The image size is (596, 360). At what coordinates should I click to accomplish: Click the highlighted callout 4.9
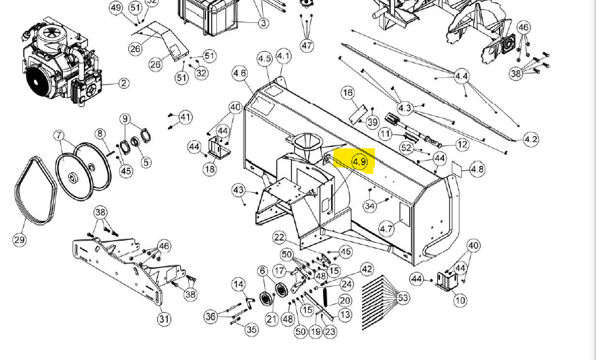pyautogui.click(x=359, y=161)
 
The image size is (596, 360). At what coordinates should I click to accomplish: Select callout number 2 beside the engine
pyautogui.click(x=123, y=83)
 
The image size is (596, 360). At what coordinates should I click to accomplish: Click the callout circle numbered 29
pyautogui.click(x=20, y=239)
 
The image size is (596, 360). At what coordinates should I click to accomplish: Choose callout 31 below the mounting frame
pyautogui.click(x=164, y=319)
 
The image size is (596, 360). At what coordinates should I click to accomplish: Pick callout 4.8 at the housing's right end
pyautogui.click(x=477, y=169)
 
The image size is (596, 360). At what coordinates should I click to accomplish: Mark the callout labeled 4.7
pyautogui.click(x=387, y=229)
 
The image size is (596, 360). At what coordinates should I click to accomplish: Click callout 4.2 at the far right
pyautogui.click(x=531, y=139)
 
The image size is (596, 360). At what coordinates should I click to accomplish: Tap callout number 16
pyautogui.click(x=348, y=93)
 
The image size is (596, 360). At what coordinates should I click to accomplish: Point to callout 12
pyautogui.click(x=462, y=144)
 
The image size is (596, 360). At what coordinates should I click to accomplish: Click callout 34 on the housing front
pyautogui.click(x=370, y=206)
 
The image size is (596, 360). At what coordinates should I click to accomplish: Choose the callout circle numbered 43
pyautogui.click(x=239, y=190)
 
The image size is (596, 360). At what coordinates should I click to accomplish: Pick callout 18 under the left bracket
pyautogui.click(x=209, y=169)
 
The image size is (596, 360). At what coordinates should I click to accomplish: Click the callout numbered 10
pyautogui.click(x=460, y=300)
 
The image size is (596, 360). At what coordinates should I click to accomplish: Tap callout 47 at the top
pyautogui.click(x=308, y=45)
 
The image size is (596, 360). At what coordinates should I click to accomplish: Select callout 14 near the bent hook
pyautogui.click(x=239, y=285)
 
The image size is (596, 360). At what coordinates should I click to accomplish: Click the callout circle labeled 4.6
pyautogui.click(x=240, y=74)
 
